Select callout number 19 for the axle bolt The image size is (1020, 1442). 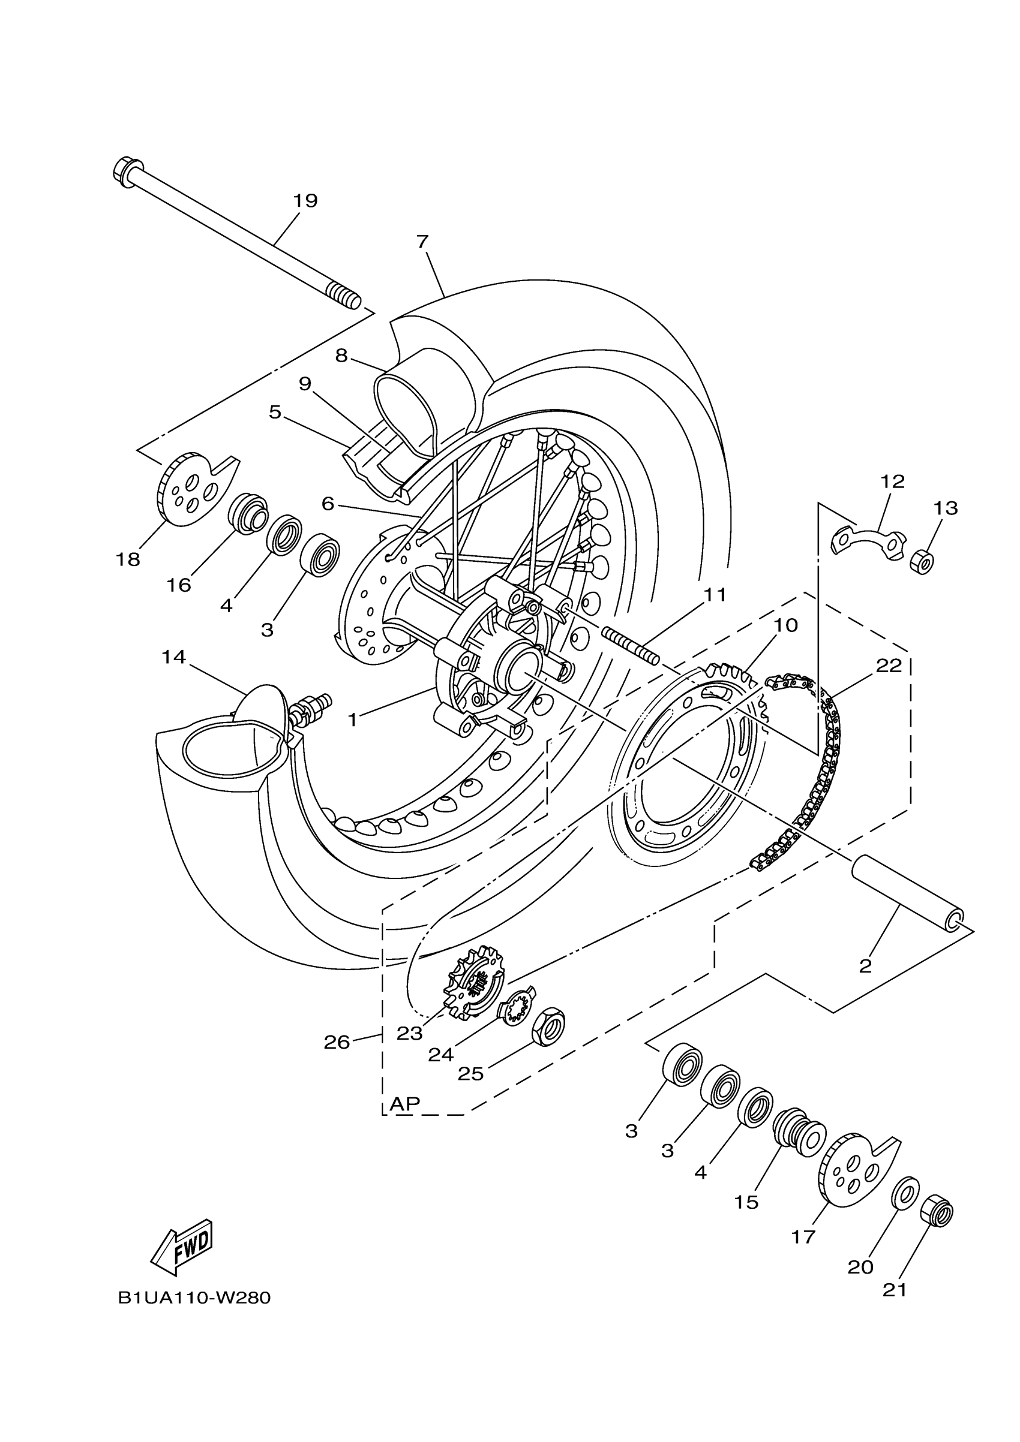(305, 201)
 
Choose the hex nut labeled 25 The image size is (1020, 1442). (548, 1028)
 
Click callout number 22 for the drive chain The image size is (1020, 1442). (889, 665)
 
